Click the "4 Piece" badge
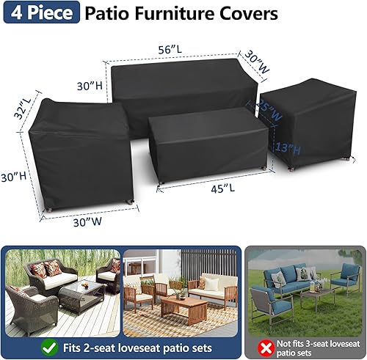point(40,14)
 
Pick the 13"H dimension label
point(288,150)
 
